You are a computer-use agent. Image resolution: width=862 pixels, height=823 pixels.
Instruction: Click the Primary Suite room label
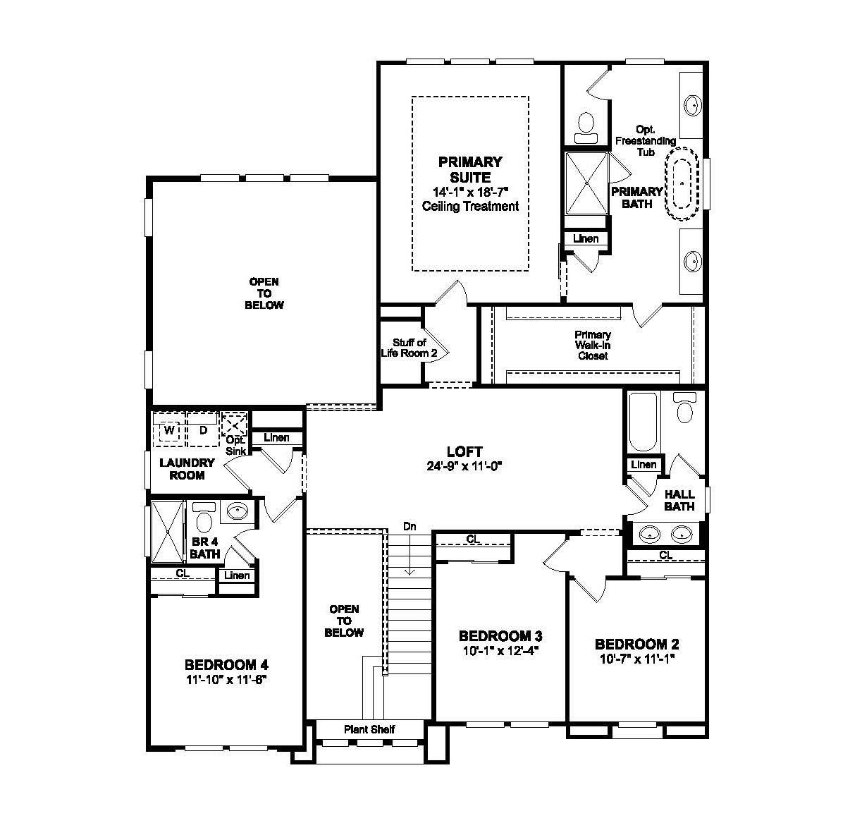click(x=469, y=170)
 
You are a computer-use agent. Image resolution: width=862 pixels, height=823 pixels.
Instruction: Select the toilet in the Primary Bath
click(x=585, y=125)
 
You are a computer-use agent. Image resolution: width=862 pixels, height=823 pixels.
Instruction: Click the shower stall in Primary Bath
click(x=587, y=183)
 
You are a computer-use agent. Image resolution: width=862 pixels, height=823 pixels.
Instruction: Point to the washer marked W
click(x=169, y=430)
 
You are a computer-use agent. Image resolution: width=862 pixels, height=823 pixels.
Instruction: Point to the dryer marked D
click(x=203, y=430)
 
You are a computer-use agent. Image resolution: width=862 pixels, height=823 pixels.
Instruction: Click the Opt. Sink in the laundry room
click(x=235, y=426)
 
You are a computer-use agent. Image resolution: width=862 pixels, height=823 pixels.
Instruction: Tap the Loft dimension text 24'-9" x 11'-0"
click(x=464, y=465)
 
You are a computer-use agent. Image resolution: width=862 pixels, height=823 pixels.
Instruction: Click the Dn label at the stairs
click(x=410, y=526)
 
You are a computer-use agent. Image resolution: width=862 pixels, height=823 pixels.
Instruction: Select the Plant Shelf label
click(x=369, y=729)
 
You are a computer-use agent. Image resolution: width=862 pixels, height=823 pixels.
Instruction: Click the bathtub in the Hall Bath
click(x=642, y=422)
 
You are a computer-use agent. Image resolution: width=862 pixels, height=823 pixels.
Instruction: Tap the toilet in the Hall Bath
click(x=684, y=408)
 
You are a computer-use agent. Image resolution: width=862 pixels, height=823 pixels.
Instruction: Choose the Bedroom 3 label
click(x=500, y=635)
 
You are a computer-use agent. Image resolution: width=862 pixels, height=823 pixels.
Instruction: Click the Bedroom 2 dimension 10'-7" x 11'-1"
click(x=637, y=659)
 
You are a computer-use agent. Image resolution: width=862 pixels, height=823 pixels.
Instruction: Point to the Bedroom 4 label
click(x=226, y=664)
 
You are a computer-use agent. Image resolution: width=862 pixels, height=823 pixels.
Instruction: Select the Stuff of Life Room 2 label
click(x=405, y=348)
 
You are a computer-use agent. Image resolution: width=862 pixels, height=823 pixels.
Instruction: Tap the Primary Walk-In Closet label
click(x=592, y=345)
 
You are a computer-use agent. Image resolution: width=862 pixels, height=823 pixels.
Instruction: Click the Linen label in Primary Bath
click(x=586, y=238)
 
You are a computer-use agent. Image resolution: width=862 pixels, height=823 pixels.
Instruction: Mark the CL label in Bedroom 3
click(x=473, y=539)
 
